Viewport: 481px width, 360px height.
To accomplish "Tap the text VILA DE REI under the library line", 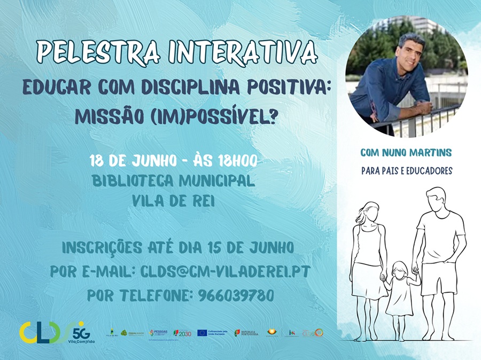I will coord(173,201).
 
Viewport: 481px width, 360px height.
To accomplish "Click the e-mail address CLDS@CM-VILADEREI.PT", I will coord(225,271).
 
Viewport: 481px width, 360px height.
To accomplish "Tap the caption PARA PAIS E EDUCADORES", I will coord(406,171).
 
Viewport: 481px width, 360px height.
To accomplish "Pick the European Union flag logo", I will coord(202,333).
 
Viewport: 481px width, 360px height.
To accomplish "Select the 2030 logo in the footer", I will coord(182,333).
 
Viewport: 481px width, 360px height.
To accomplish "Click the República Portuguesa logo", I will coord(246,333).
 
